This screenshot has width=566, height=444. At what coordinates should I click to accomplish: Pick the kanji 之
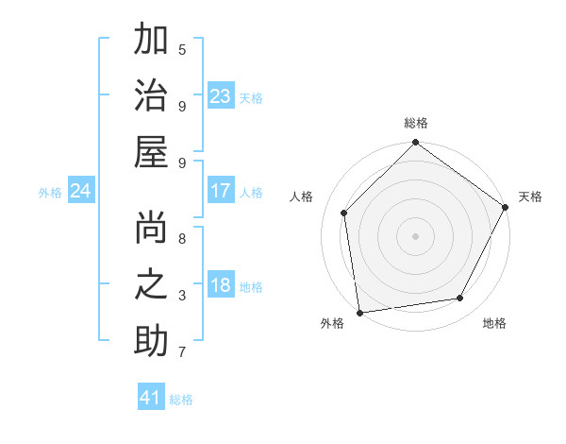151,285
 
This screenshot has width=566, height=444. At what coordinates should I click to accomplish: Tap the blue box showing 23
221,96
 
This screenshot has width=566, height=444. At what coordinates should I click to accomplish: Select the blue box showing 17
221,191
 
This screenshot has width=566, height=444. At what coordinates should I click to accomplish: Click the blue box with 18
221,286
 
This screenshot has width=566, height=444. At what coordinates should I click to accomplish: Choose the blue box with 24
81,192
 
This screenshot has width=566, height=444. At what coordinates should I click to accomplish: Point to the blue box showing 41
151,398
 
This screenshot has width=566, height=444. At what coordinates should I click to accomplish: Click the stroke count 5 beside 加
181,49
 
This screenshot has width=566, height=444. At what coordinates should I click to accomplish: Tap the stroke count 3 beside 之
181,296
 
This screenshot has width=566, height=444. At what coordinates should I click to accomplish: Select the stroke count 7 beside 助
181,353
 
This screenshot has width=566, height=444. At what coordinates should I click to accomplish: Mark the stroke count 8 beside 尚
181,239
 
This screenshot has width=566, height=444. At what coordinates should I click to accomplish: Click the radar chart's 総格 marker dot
415,144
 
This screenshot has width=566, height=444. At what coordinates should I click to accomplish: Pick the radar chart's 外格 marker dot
359,312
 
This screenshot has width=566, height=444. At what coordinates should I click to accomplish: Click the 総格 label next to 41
182,400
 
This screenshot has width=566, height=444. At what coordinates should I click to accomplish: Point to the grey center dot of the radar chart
415,235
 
